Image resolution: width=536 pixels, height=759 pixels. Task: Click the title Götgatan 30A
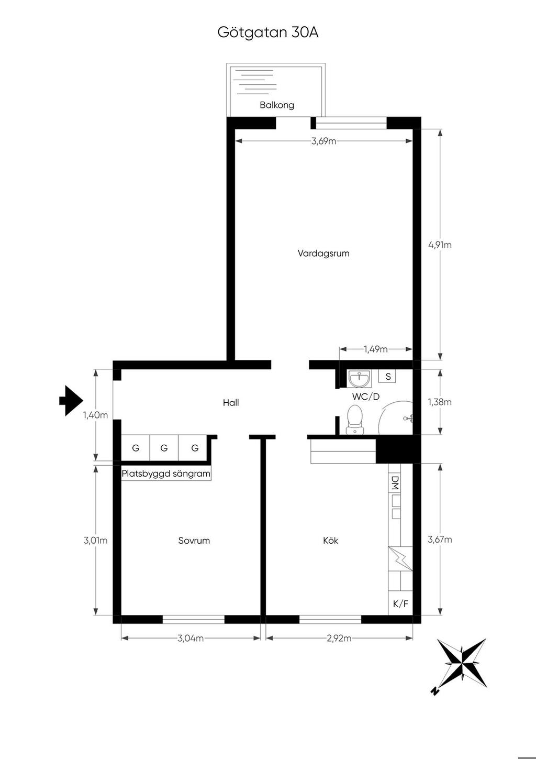pos(267,33)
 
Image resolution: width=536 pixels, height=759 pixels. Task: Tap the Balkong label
pos(276,105)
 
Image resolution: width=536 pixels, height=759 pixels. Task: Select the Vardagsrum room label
pos(323,253)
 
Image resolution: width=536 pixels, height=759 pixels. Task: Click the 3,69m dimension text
pos(323,141)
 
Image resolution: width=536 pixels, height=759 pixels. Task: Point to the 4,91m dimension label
pos(440,245)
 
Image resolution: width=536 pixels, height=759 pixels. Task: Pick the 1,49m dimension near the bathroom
pos(376,349)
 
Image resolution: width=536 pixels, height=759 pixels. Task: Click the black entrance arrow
pos(71,401)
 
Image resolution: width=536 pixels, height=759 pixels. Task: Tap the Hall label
pos(231,402)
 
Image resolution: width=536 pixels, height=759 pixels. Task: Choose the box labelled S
pos(388,376)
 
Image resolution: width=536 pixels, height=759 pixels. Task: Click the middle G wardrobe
pos(164,448)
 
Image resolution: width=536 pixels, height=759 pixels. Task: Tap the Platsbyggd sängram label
pos(166,474)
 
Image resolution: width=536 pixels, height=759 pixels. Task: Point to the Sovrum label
pos(194,541)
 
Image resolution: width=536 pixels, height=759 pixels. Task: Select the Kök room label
pos(330,541)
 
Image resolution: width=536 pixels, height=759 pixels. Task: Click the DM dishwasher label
pos(395,482)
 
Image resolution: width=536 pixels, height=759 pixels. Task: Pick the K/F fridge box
pos(400,603)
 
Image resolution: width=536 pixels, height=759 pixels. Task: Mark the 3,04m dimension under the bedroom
pos(191,639)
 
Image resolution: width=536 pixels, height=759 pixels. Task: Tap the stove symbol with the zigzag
pos(400,559)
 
